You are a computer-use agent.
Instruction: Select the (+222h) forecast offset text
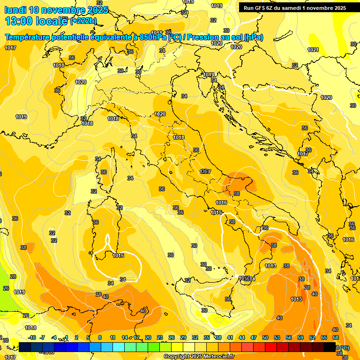pyautogui.click(x=83, y=21)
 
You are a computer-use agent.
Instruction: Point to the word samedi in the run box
pyautogui.click(x=297, y=8)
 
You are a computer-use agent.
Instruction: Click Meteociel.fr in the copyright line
pyautogui.click(x=216, y=357)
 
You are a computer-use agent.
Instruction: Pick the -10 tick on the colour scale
pyautogui.click(x=32, y=337)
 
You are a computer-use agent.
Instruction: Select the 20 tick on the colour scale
pyautogui.click(x=148, y=337)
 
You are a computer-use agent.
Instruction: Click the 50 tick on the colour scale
pyautogui.click(x=265, y=337)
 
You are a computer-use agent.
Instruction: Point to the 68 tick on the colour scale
pyautogui.click(x=336, y=337)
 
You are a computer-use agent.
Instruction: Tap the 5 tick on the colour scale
pyautogui.click(x=89, y=337)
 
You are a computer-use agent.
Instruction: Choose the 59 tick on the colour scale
pyautogui.click(x=300, y=337)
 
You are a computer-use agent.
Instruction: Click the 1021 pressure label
pyautogui.click(x=313, y=50)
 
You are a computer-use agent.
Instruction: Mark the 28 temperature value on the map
pyautogui.click(x=13, y=277)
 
